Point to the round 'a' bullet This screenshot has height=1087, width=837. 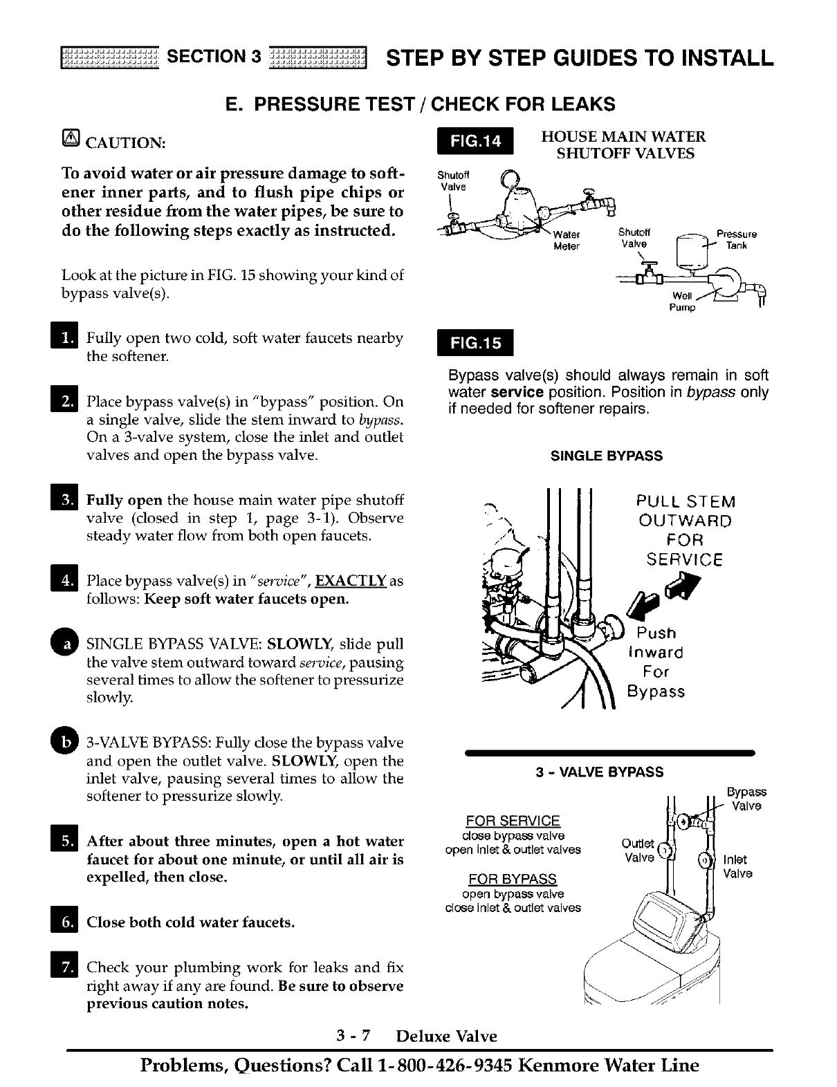[x=67, y=643]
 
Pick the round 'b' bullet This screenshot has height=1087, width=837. [x=67, y=742]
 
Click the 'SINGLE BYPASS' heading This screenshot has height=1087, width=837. [x=607, y=456]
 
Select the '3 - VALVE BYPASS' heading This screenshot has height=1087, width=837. [x=600, y=772]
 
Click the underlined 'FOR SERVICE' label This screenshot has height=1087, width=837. [x=513, y=821]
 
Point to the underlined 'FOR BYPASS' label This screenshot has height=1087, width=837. [x=513, y=879]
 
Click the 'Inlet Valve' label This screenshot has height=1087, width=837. [x=737, y=866]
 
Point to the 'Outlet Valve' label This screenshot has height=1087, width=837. [x=638, y=851]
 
